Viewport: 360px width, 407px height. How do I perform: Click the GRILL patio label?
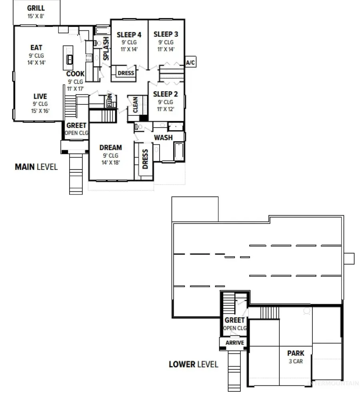(x=36, y=8)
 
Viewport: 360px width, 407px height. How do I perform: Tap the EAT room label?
(x=36, y=48)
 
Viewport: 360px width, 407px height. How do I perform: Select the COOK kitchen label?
(x=75, y=74)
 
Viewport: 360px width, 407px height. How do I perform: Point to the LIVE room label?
(x=40, y=96)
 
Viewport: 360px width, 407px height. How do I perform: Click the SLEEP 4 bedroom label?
(x=129, y=35)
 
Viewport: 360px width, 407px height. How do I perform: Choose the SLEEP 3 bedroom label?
(x=166, y=34)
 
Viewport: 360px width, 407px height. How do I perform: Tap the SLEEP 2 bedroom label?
(x=166, y=94)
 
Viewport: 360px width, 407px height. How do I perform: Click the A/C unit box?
(x=190, y=62)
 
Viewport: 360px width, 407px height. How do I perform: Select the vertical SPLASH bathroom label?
(x=106, y=49)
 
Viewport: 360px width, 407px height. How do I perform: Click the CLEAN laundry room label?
(x=135, y=105)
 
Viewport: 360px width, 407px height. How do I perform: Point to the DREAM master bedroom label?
(x=110, y=148)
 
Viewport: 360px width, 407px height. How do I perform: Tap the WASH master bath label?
(x=163, y=138)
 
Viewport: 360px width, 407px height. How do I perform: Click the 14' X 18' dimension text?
(x=110, y=162)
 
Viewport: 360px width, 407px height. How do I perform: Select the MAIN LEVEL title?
(x=36, y=167)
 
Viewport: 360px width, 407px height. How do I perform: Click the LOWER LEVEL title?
(x=194, y=364)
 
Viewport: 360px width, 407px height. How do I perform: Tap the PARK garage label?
(x=296, y=353)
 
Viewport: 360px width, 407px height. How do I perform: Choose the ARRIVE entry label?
(x=235, y=343)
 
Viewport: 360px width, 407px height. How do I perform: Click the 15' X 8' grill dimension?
(x=36, y=16)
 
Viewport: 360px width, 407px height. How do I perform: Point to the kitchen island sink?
(x=70, y=60)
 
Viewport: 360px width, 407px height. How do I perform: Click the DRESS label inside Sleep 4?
(x=126, y=73)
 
